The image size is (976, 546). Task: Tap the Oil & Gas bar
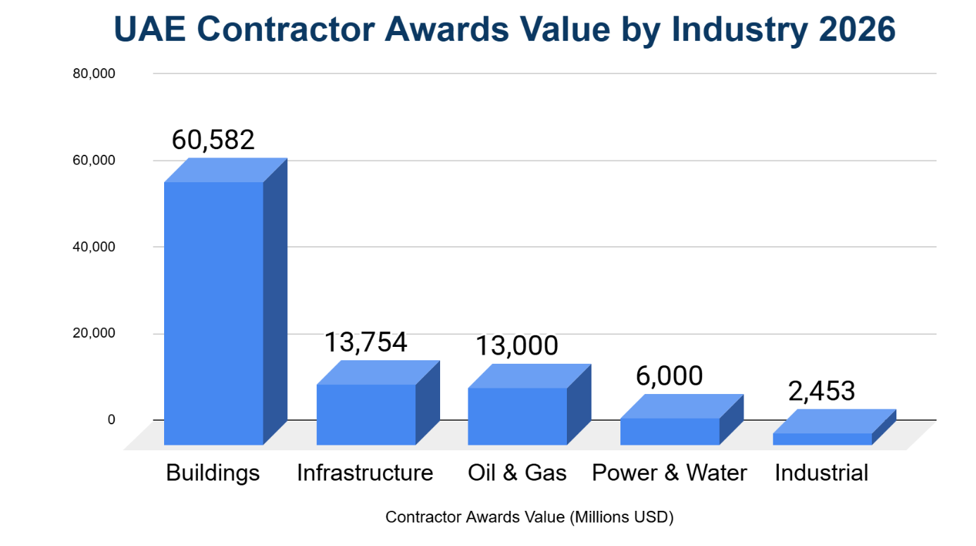518,416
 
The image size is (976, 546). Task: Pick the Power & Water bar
670,431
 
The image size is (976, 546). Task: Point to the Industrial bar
822,438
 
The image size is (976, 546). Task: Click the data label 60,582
213,140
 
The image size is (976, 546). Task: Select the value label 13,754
365,342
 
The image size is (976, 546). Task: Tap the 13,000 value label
516,346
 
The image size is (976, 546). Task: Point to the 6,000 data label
669,376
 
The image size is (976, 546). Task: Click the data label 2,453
821,391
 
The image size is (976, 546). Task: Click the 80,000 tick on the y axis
94,74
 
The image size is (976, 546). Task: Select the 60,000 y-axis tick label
94,160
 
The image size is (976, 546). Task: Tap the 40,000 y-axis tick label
94,247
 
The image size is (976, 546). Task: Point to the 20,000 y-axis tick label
94,334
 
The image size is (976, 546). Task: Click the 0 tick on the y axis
111,420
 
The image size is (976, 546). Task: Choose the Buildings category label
213,472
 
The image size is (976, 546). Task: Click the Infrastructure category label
365,472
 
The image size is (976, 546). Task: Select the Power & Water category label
669,472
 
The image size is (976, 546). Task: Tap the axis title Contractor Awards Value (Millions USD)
530,517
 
